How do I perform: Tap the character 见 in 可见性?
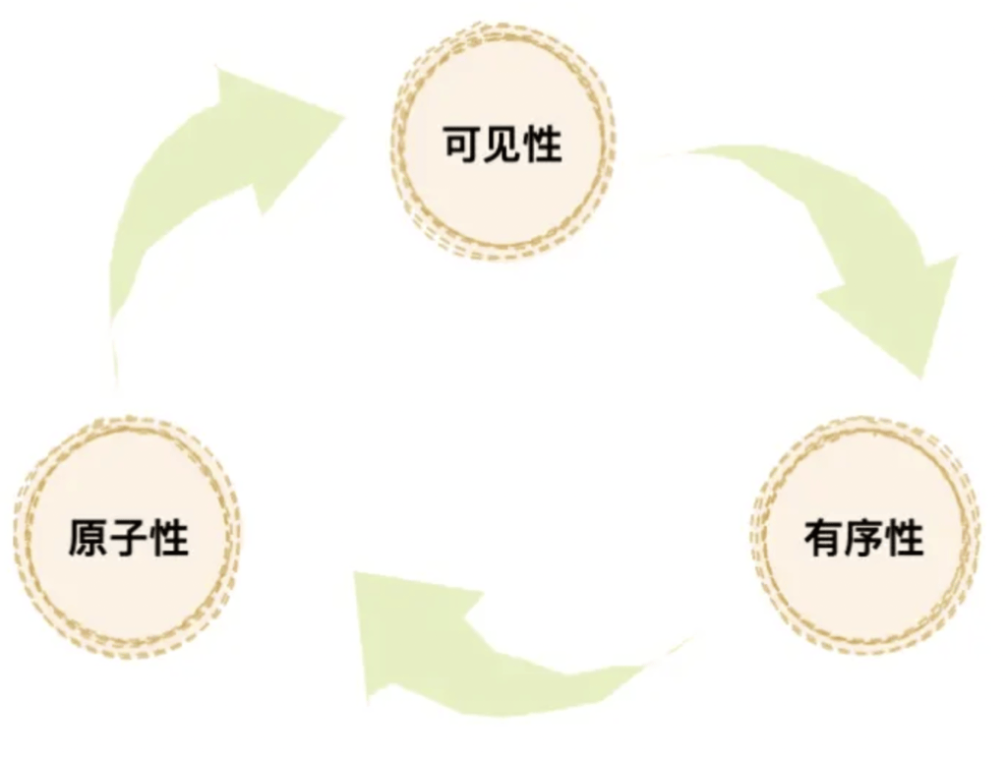(x=503, y=145)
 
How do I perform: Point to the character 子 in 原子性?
(x=128, y=539)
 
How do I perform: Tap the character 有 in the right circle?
(x=822, y=539)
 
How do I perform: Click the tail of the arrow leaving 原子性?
(x=116, y=364)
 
